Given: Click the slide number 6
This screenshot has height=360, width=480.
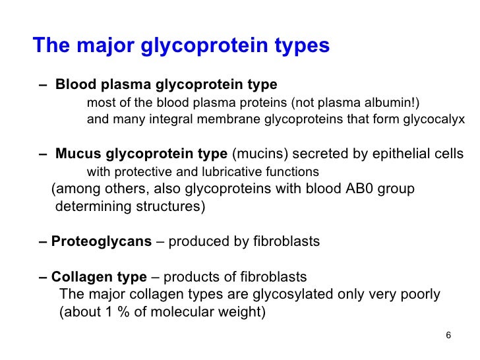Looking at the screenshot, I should pyautogui.click(x=448, y=335).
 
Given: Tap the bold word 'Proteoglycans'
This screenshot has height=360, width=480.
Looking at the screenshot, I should pyautogui.click(x=102, y=241).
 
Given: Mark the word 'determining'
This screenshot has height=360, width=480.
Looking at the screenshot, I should pyautogui.click(x=90, y=206).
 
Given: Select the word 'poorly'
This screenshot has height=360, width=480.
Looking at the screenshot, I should pyautogui.click(x=420, y=294).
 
